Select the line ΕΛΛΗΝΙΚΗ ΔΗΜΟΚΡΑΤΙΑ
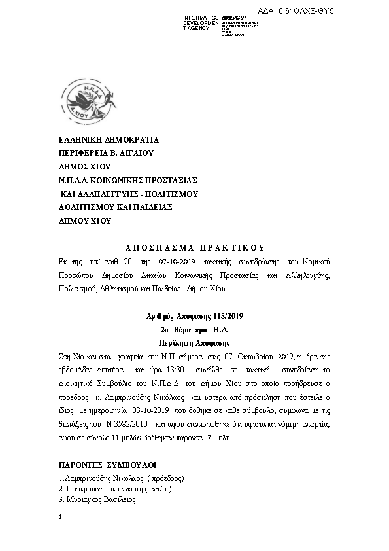coord(109,139)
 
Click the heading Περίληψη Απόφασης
coord(195,342)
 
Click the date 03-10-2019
coord(152,410)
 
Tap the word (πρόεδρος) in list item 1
coord(163,478)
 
